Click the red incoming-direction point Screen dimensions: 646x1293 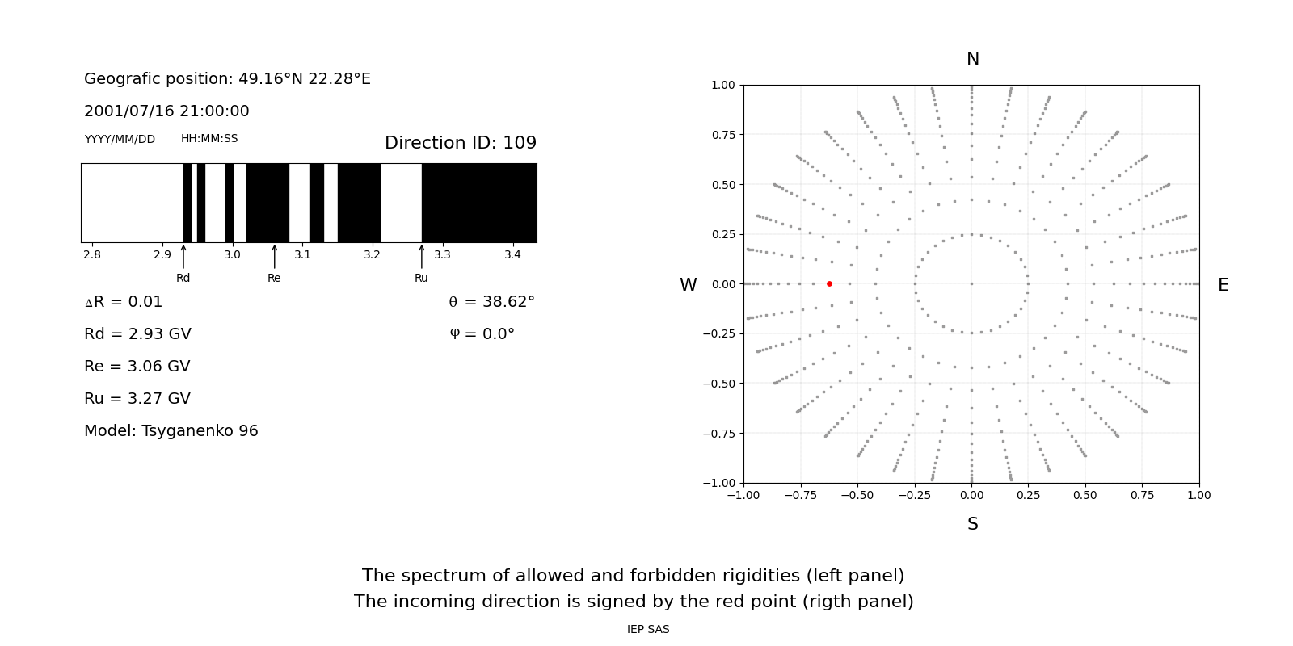pos(829,284)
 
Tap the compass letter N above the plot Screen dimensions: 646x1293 pos(972,59)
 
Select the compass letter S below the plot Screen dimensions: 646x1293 pos(972,524)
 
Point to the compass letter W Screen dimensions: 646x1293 pos(688,285)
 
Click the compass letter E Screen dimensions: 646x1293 pos(1223,285)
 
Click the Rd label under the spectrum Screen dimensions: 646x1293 pos(183,278)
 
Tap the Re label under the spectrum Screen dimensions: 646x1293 pos(274,278)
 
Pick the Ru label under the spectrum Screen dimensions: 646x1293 pos(421,278)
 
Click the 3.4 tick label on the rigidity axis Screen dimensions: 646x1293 pos(512,255)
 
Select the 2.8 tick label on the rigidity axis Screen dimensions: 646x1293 pos(92,255)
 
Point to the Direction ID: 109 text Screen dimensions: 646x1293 pos(460,143)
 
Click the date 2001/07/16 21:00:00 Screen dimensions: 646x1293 pos(166,111)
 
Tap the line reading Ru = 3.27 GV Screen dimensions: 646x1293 pos(137,399)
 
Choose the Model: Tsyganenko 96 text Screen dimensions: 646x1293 pos(171,431)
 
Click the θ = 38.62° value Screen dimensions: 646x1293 pos(491,302)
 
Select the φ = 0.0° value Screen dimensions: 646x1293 pos(482,334)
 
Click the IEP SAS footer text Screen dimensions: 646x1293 pos(648,629)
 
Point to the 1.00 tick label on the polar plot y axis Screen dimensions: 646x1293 pos(722,85)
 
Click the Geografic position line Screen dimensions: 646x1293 pos(227,79)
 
